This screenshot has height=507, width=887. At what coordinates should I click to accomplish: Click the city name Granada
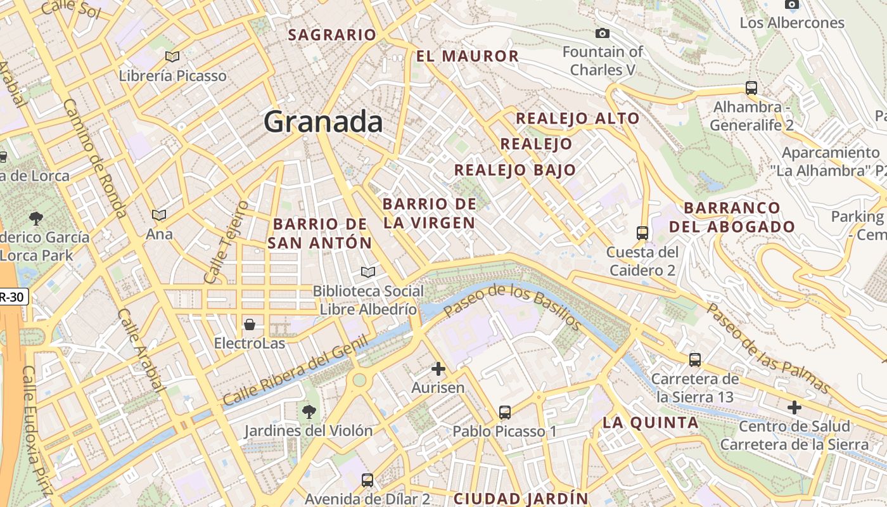[323, 121]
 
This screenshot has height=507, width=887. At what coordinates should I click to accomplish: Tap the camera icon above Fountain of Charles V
[602, 33]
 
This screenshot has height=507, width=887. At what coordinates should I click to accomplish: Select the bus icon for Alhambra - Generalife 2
[751, 87]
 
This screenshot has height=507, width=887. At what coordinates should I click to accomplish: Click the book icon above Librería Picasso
[172, 56]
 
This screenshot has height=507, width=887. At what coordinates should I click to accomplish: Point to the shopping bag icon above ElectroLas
[250, 324]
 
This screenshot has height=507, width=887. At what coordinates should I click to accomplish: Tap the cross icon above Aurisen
[438, 368]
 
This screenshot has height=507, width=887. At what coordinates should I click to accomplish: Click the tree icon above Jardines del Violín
[309, 412]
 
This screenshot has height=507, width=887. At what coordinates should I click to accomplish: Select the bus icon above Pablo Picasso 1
[504, 413]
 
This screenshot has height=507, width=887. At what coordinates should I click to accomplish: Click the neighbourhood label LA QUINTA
[650, 423]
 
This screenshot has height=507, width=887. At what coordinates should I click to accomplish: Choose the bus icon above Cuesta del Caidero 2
[642, 233]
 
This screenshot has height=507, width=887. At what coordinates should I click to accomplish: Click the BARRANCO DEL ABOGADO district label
[732, 217]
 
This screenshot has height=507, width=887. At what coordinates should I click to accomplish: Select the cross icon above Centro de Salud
[794, 407]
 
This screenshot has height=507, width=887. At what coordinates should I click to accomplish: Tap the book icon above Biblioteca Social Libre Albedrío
[367, 272]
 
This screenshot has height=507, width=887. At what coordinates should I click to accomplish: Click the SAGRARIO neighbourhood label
[332, 35]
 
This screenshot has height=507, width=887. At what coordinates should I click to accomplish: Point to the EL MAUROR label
[468, 56]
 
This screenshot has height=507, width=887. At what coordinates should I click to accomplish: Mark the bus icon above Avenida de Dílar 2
[367, 480]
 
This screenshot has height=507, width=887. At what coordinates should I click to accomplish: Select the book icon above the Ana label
[159, 215]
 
